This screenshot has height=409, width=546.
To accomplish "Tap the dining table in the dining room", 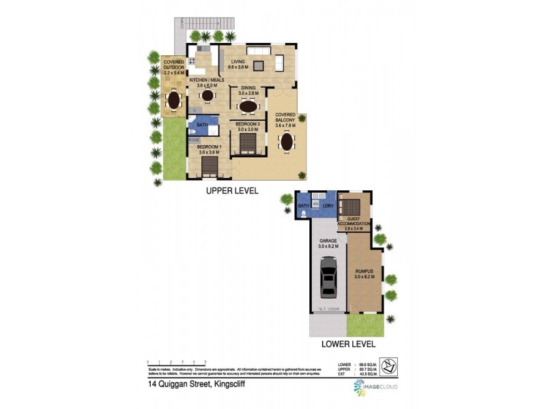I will point(248,106).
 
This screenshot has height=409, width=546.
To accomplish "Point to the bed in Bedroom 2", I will point(246,142).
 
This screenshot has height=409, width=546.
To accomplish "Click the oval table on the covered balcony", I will point(285,142).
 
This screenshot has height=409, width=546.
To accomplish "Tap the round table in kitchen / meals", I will point(207,96).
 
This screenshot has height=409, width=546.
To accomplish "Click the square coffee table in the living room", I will point(259,66).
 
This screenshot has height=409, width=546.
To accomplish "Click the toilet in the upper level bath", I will point(194,134).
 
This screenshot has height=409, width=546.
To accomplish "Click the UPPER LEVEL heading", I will point(232,192).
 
